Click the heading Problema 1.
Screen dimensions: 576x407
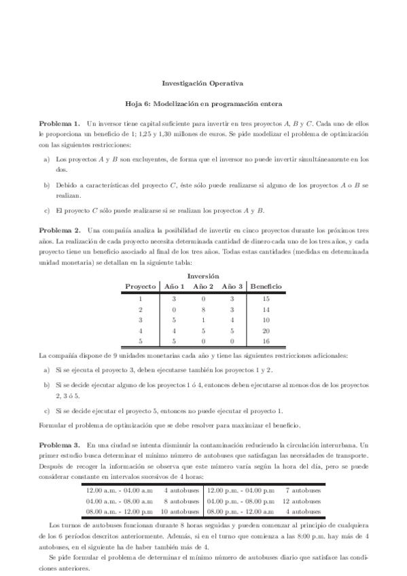point(59,123)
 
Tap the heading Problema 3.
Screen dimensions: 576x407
point(59,443)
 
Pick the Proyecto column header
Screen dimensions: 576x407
point(141,287)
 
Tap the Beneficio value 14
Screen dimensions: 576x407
point(266,309)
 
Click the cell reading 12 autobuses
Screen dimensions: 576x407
point(301,500)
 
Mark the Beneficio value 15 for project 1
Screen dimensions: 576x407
point(266,298)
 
